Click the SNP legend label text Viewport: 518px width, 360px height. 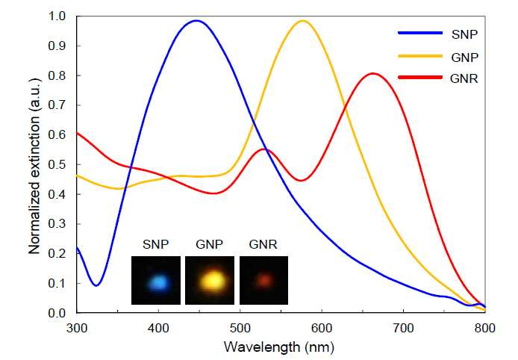click(x=464, y=34)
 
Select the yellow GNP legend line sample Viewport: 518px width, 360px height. click(x=420, y=56)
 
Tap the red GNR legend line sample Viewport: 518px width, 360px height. click(x=420, y=78)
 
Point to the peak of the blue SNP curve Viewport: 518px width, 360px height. click(x=196, y=20)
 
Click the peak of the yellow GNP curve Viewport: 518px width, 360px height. click(x=302, y=21)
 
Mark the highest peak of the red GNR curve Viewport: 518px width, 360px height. click(x=373, y=73)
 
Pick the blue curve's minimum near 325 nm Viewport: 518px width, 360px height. click(x=96, y=285)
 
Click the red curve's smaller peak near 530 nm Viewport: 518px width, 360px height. click(x=265, y=149)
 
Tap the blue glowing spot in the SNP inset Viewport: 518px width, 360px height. click(x=159, y=282)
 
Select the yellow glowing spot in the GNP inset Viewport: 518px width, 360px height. click(x=213, y=282)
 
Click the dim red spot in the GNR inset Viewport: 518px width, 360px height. click(x=264, y=280)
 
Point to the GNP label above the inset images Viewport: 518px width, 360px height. click(x=210, y=245)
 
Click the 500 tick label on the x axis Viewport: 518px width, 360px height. click(x=240, y=329)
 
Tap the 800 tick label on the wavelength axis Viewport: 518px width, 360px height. click(x=485, y=329)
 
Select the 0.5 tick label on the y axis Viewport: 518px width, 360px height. click(x=57, y=164)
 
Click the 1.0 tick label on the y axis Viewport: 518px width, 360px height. click(x=57, y=16)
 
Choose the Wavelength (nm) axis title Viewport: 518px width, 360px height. click(x=279, y=347)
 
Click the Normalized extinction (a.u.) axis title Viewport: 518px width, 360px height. click(x=34, y=167)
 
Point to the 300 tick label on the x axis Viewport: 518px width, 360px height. click(x=77, y=329)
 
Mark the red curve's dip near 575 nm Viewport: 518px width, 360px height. click(x=301, y=181)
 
